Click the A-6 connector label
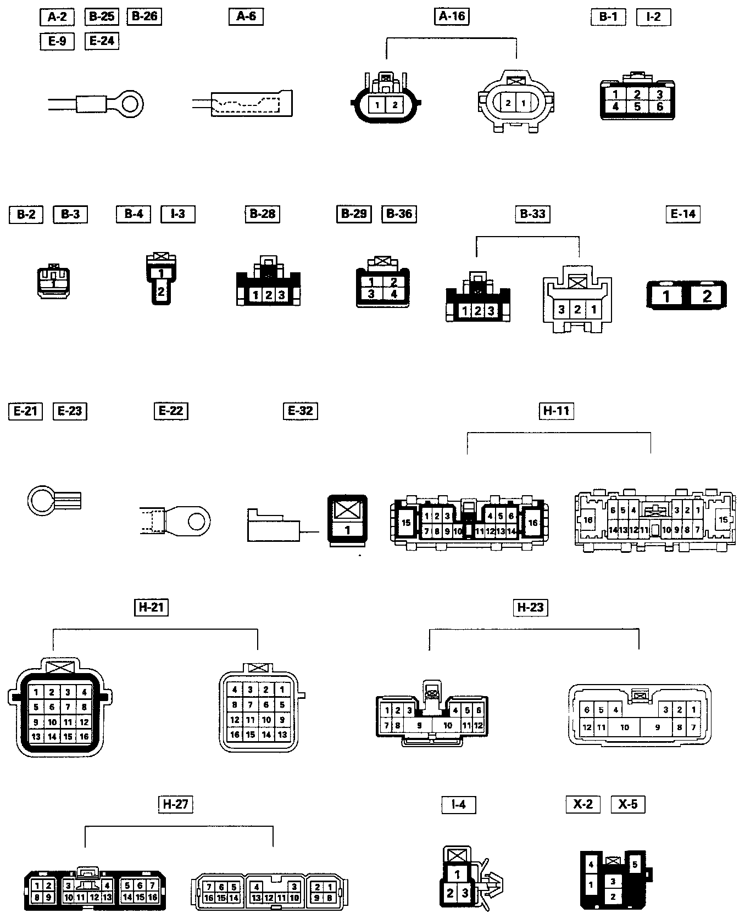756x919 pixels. (x=246, y=16)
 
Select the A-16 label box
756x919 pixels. (x=452, y=16)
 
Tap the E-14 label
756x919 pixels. (x=683, y=214)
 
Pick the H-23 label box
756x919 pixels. (x=530, y=607)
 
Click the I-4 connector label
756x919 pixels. (x=458, y=804)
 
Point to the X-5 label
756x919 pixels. (x=628, y=804)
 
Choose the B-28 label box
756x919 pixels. (x=263, y=214)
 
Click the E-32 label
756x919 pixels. (x=301, y=411)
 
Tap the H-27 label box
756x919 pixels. (x=176, y=804)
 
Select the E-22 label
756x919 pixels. (x=170, y=411)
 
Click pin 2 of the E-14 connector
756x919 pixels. (x=707, y=296)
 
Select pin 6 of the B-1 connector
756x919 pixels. (x=660, y=107)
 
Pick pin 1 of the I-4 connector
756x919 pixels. (x=457, y=874)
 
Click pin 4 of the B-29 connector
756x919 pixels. (x=393, y=294)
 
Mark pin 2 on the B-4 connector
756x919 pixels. (x=161, y=292)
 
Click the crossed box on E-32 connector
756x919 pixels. (x=347, y=509)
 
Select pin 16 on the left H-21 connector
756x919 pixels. (x=84, y=737)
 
